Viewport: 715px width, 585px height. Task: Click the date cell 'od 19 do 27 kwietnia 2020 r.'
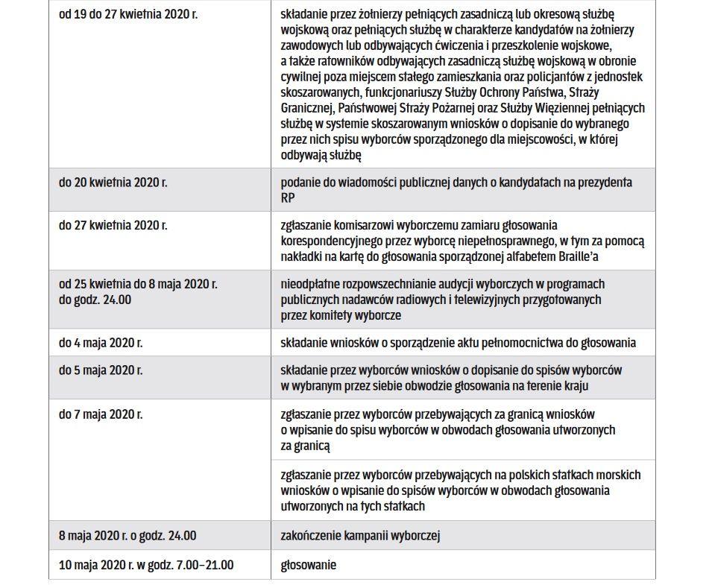coord(128,14)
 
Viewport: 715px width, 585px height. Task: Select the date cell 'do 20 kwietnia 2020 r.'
coord(113,182)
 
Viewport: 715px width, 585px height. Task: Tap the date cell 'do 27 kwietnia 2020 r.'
coord(113,225)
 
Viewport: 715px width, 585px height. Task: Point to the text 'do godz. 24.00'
coord(95,300)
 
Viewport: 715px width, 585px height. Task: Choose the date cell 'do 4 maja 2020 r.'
coord(101,343)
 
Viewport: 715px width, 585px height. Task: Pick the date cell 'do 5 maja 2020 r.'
coord(101,370)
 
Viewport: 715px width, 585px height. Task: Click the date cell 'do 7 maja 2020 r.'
coord(101,414)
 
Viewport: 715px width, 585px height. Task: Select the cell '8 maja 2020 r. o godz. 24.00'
coord(127,535)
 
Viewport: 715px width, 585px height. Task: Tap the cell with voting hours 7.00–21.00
coord(146,565)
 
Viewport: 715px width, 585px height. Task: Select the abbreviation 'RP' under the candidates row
coord(288,197)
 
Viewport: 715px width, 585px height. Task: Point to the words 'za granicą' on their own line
coord(306,446)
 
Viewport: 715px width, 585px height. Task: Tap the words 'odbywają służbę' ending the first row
coord(321,155)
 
